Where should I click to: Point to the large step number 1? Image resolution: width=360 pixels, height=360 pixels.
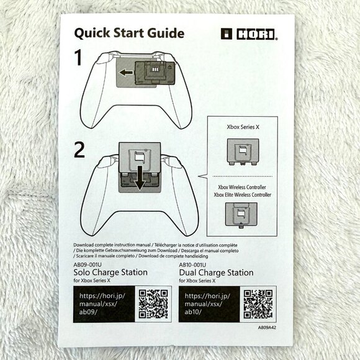coord(79,59)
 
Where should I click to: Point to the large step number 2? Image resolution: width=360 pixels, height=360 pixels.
coord(79,149)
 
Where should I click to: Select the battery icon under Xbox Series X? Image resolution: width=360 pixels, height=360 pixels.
coord(241,152)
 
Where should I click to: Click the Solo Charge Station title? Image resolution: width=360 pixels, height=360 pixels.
coord(110,272)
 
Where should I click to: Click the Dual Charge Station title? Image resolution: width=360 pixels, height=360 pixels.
coord(216,272)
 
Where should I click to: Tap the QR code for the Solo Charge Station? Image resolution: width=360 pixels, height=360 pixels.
coord(153,304)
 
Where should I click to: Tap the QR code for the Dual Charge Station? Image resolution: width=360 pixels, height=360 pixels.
coord(258,304)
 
